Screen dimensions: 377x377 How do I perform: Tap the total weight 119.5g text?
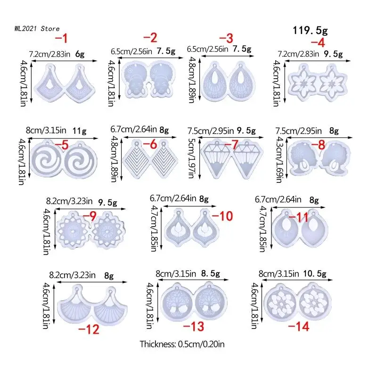[x=310, y=31]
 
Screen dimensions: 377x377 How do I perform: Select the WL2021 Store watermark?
[x=37, y=29]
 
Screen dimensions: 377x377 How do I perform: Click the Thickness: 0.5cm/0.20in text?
[x=182, y=344]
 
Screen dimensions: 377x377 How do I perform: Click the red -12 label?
[x=90, y=329]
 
